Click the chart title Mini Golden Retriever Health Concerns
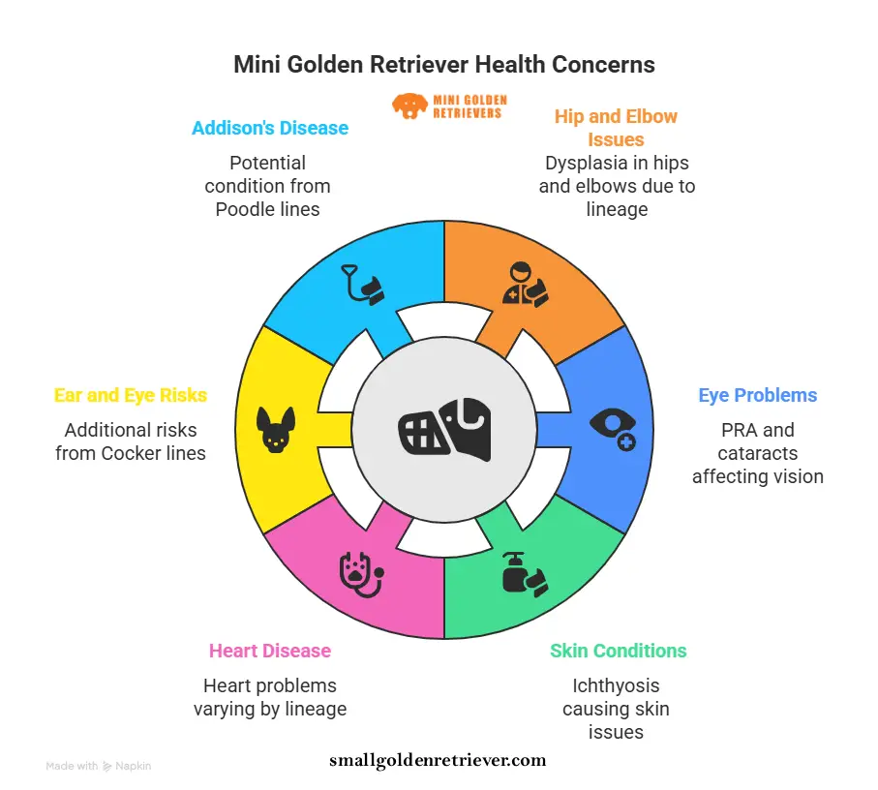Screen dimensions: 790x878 [444, 65]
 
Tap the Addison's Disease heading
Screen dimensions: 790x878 [270, 128]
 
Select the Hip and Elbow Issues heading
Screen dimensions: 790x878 [616, 128]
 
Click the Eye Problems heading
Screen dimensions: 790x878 [758, 395]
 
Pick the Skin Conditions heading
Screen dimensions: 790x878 [619, 651]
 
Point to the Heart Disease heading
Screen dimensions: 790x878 [270, 651]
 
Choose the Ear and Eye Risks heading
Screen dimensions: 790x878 [131, 395]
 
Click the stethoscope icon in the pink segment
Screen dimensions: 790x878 [361, 573]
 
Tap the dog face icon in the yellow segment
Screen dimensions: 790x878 [275, 430]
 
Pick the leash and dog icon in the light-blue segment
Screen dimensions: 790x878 [362, 284]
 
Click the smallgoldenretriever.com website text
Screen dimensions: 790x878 [438, 760]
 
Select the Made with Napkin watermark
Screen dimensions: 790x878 [99, 766]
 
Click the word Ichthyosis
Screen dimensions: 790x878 [616, 685]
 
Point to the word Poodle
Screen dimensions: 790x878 [241, 209]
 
